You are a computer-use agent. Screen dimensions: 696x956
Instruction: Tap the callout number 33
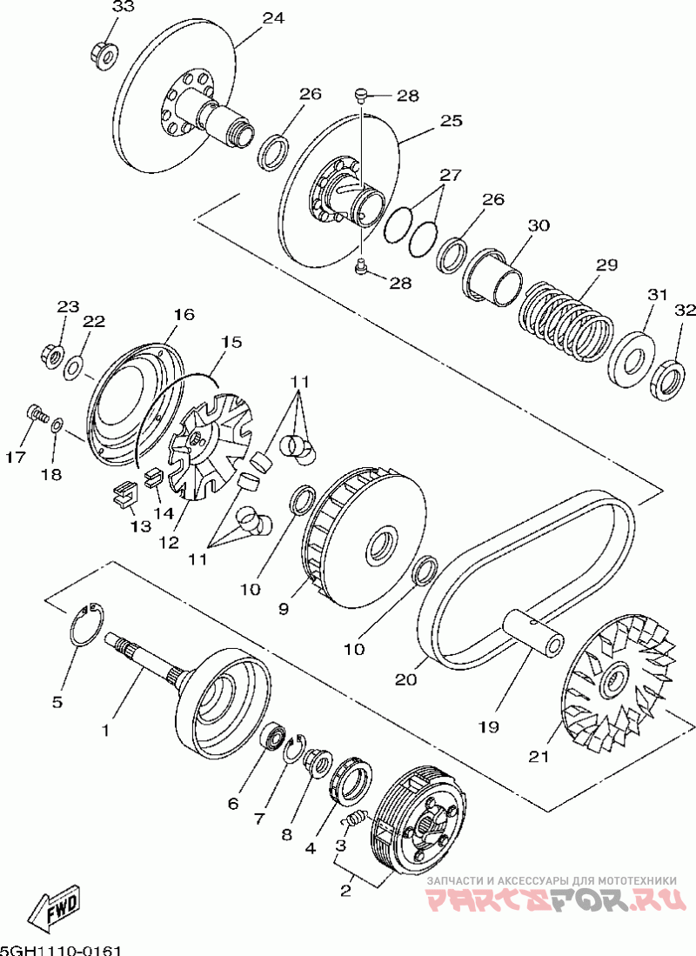(124, 8)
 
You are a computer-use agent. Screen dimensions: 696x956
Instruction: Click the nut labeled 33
(104, 55)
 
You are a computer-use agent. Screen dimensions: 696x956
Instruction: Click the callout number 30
(539, 225)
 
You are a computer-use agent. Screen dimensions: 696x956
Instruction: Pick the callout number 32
(685, 311)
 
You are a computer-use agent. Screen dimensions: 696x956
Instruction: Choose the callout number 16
(183, 314)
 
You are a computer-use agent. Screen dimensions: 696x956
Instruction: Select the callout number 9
(284, 610)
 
